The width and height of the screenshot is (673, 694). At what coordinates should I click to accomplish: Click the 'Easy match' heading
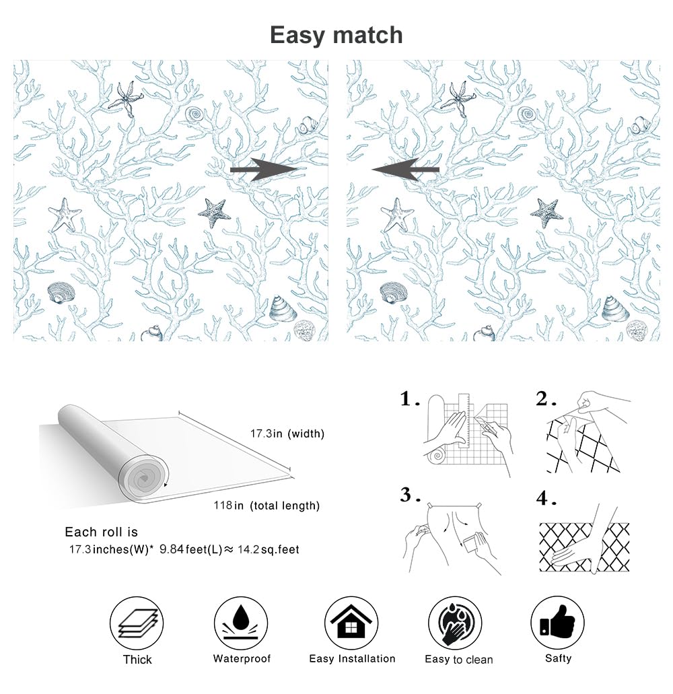pyautogui.click(x=336, y=35)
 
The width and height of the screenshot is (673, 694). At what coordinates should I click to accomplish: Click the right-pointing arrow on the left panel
pyautogui.click(x=263, y=170)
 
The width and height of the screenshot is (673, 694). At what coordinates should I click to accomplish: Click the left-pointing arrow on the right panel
pyautogui.click(x=406, y=170)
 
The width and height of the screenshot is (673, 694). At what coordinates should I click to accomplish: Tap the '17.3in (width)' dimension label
pyautogui.click(x=287, y=434)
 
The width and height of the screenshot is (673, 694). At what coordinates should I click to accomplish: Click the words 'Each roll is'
pyautogui.click(x=101, y=532)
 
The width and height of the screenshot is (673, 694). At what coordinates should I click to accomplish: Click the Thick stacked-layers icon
pyautogui.click(x=137, y=623)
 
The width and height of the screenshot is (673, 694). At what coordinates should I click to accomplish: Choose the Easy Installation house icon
pyautogui.click(x=351, y=623)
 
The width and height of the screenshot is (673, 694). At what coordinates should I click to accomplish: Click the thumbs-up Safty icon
pyautogui.click(x=557, y=623)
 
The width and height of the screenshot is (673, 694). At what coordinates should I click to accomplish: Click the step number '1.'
pyautogui.click(x=410, y=400)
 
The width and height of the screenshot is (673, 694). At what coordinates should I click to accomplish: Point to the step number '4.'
pyautogui.click(x=546, y=499)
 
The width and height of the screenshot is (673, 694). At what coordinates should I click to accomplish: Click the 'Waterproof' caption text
pyautogui.click(x=242, y=658)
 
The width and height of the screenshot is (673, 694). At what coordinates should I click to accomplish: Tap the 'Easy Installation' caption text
pyautogui.click(x=352, y=658)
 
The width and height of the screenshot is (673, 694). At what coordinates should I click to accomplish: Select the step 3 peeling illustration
pyautogui.click(x=451, y=539)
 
